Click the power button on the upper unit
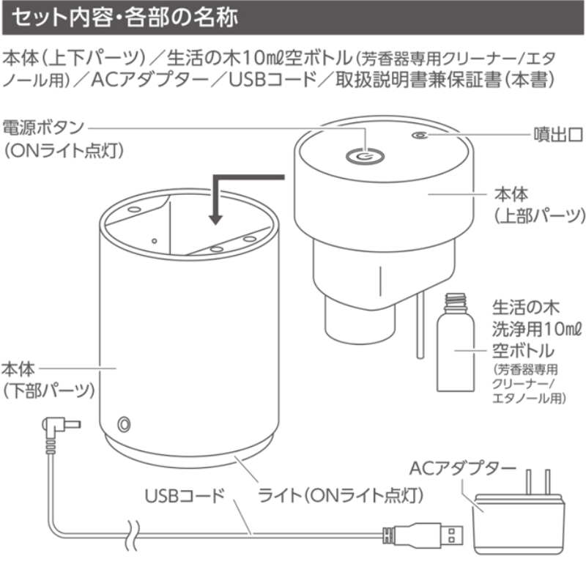(364, 155)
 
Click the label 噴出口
(556, 135)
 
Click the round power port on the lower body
(125, 424)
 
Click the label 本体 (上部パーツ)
(538, 205)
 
